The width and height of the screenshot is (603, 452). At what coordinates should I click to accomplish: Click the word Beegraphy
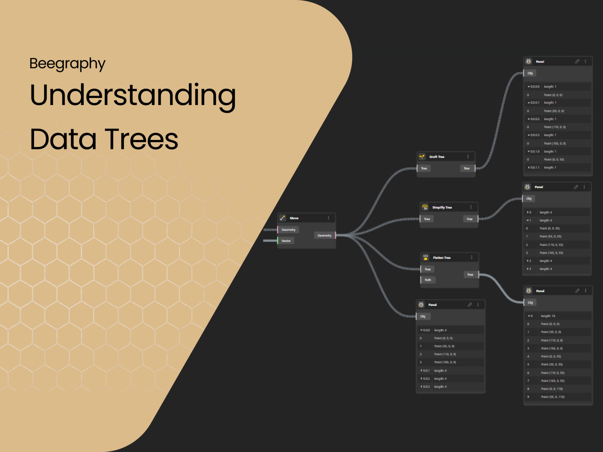click(x=67, y=64)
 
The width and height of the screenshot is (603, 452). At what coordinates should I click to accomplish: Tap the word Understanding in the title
click(x=133, y=95)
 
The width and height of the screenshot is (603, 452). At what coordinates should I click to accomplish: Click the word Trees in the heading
click(x=141, y=139)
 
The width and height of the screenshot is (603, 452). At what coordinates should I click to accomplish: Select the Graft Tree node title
click(x=437, y=157)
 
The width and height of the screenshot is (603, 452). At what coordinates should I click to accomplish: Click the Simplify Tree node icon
click(x=425, y=207)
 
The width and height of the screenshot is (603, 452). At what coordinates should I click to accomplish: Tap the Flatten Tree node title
click(x=442, y=258)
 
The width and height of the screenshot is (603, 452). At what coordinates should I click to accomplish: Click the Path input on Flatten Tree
click(x=428, y=280)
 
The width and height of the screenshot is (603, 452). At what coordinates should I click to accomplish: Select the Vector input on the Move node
click(x=286, y=241)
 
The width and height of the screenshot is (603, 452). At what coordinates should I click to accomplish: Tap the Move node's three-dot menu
click(x=329, y=218)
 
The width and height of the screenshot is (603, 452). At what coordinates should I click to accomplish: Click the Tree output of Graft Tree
click(x=467, y=168)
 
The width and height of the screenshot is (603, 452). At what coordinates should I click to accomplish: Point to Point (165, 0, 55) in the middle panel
click(x=551, y=253)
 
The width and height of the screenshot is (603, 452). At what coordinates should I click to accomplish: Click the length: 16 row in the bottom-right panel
click(x=548, y=316)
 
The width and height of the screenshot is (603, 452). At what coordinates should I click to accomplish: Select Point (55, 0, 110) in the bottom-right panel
click(x=552, y=397)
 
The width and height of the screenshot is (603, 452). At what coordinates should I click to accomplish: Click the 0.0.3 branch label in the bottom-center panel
click(x=426, y=386)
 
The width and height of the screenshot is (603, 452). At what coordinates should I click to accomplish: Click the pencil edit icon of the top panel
click(x=577, y=62)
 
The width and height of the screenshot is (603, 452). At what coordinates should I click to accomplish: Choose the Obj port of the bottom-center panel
click(x=423, y=316)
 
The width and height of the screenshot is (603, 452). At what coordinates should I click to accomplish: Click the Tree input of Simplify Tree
click(x=427, y=219)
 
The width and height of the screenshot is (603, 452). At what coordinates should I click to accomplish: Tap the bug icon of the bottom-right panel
click(x=529, y=291)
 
